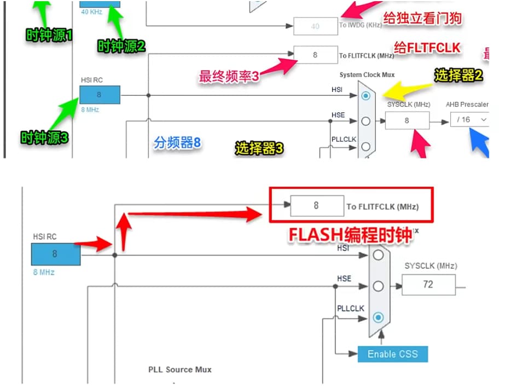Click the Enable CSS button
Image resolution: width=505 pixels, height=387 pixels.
tap(392, 354)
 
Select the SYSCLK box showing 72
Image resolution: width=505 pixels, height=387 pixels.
tap(428, 284)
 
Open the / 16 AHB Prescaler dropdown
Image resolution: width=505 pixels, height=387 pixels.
tap(469, 119)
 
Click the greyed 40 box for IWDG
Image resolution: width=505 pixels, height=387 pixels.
tap(315, 26)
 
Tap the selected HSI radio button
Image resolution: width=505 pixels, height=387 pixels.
tap(366, 96)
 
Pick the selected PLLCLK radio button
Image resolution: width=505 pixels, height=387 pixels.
tap(378, 317)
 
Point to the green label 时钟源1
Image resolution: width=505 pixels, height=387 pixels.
tap(50, 35)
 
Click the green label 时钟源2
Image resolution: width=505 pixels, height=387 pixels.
tap(121, 47)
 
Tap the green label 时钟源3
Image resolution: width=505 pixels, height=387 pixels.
tap(44, 137)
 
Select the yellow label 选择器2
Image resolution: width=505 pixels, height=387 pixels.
tap(458, 76)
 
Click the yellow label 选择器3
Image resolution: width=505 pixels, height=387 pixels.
tap(259, 148)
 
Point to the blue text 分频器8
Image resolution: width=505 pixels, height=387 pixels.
tap(177, 143)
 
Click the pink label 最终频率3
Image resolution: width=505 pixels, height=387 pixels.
tap(229, 77)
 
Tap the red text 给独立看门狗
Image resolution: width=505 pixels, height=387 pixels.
tap(422, 18)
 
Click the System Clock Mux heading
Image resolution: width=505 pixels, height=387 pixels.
tap(367, 74)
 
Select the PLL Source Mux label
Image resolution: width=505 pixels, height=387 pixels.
tap(179, 369)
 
